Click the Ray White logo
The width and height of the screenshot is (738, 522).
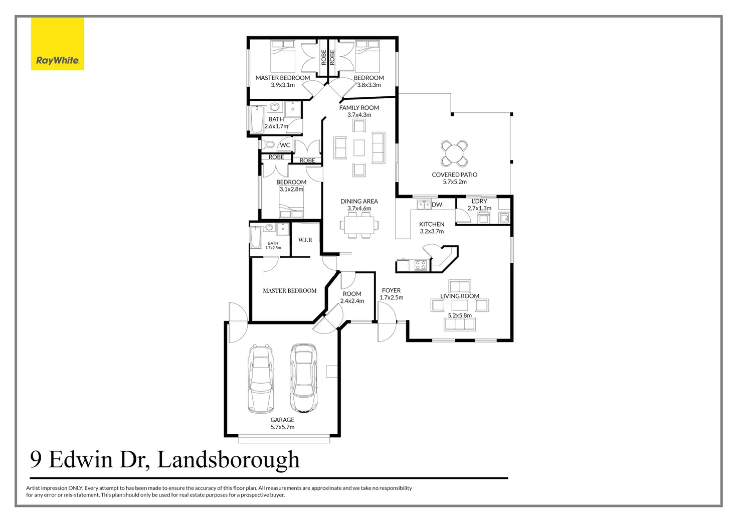(57, 44)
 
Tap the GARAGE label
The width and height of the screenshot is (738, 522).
(282, 420)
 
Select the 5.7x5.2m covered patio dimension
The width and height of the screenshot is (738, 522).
(454, 182)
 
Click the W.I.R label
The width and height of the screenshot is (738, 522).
(305, 240)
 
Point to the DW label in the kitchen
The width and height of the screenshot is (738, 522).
(437, 205)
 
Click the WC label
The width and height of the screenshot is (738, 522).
(285, 145)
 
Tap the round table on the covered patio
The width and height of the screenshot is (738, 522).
(454, 153)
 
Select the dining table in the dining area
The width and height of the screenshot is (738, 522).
(359, 225)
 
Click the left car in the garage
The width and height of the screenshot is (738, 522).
(261, 378)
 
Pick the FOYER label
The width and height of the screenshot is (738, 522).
(391, 290)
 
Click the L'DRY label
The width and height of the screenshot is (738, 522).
(479, 201)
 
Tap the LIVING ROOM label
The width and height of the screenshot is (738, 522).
(460, 296)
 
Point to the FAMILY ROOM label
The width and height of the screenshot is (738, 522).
(359, 108)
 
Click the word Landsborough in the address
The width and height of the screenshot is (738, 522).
(228, 460)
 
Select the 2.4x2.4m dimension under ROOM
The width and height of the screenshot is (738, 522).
(352, 301)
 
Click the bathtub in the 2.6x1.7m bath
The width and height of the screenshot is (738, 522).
(257, 119)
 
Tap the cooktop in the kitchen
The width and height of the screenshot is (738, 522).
(420, 265)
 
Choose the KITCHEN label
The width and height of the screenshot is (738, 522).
(432, 224)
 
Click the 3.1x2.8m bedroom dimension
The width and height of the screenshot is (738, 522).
(291, 190)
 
